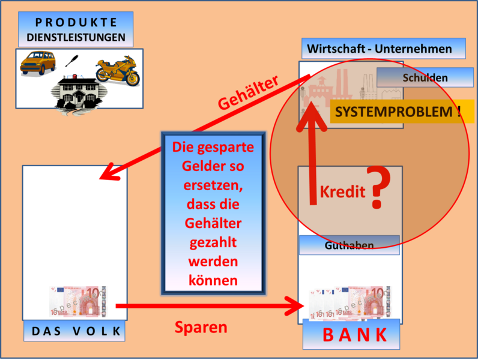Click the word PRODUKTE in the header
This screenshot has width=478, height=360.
click(76, 22)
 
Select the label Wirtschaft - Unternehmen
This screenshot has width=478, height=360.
click(380, 49)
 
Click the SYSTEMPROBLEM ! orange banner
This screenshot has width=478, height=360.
click(398, 112)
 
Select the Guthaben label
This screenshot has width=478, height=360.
click(349, 245)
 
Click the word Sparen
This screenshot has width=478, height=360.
click(201, 327)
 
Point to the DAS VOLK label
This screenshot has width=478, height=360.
click(76, 331)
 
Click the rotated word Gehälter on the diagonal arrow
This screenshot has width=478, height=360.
click(248, 93)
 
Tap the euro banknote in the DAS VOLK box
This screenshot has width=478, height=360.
click(78, 301)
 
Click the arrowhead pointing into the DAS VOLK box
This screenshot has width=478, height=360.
click(107, 173)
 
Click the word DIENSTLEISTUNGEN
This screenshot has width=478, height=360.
click(76, 37)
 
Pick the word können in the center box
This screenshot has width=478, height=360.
click(213, 280)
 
